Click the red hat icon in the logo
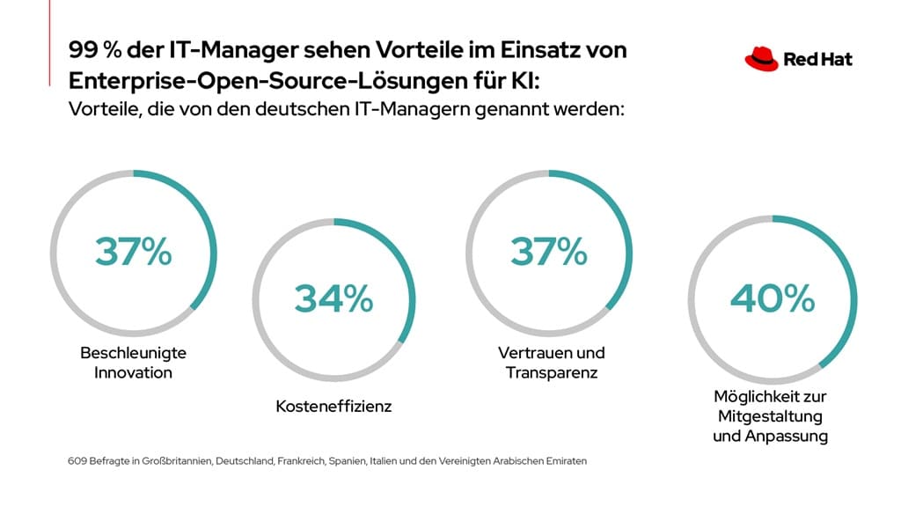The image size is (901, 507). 761,59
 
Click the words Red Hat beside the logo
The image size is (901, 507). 817,60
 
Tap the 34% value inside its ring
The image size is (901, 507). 333,299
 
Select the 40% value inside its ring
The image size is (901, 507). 772,299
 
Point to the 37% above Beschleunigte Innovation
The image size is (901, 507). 134,252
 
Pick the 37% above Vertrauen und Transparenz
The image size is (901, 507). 549,252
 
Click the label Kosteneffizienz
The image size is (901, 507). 333,407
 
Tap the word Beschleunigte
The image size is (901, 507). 134,353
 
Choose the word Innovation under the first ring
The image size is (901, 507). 134,372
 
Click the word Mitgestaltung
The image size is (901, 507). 771,415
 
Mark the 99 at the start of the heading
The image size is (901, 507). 82,50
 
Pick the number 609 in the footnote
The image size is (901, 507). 77,460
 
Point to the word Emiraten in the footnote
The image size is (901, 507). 566,460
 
